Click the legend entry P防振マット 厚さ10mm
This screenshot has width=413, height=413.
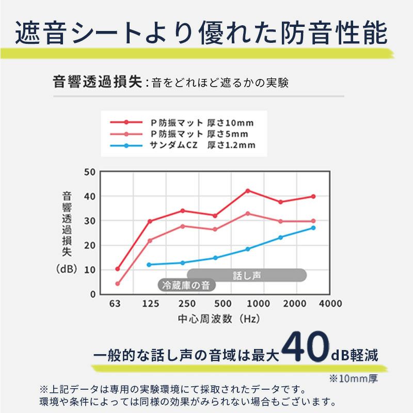[201, 123]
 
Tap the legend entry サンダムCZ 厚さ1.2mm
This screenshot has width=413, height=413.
[201, 146]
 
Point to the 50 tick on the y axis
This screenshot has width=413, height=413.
[90, 172]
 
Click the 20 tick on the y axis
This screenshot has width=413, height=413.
[90, 245]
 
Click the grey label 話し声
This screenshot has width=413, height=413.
[247, 275]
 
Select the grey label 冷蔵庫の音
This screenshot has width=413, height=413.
[186, 285]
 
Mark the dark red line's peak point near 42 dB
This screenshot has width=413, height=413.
[248, 190]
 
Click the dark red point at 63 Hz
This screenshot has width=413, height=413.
[118, 269]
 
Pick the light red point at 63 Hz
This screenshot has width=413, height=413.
[118, 283]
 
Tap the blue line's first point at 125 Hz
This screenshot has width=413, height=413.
[149, 265]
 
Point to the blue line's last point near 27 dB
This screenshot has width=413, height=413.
[313, 228]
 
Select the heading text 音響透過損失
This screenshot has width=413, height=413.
[98, 82]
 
